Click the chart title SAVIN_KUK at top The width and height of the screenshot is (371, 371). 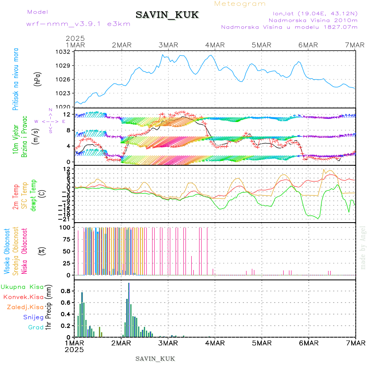tap(167, 15)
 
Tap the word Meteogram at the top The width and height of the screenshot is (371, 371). tap(240, 4)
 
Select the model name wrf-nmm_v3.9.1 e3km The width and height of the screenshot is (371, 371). tap(78, 23)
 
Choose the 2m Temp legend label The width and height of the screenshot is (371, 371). tap(15, 197)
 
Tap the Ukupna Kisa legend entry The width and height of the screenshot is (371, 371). tap(22, 286)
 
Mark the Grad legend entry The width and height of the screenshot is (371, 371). tap(35, 327)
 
